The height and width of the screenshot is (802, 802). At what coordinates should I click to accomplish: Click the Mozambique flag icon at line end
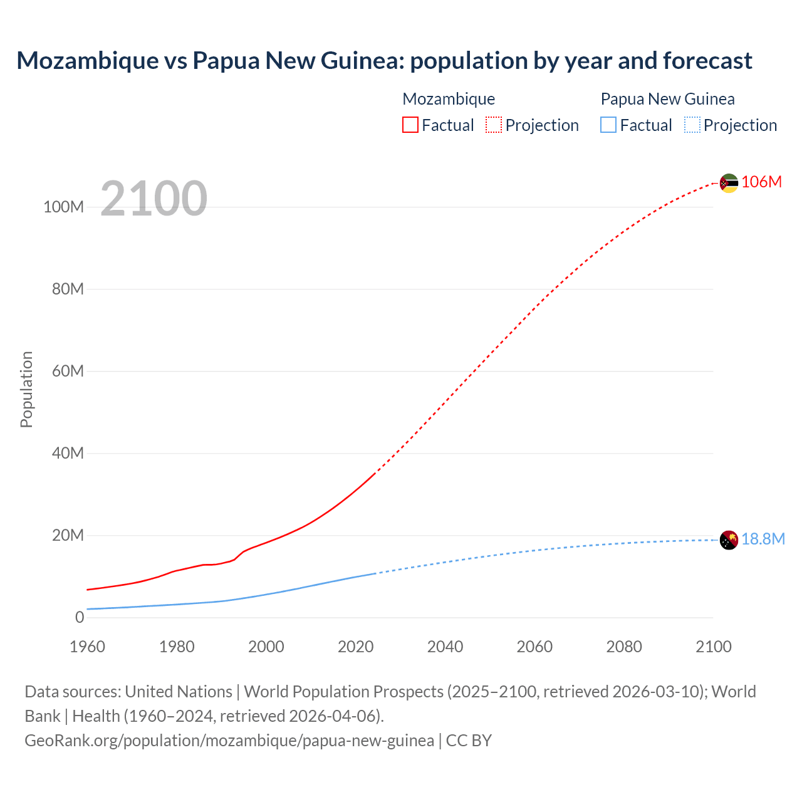(729, 183)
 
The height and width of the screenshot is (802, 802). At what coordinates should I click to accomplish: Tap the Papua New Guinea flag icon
(729, 539)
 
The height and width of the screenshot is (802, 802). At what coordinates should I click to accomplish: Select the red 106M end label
(761, 182)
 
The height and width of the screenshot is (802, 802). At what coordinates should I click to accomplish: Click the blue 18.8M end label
(763, 539)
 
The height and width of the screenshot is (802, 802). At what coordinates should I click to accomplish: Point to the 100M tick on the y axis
(63, 207)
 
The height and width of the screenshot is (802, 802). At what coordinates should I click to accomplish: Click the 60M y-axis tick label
(68, 371)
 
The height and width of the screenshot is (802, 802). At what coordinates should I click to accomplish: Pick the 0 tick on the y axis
(80, 617)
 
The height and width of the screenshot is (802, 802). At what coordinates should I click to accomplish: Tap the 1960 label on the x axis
(87, 647)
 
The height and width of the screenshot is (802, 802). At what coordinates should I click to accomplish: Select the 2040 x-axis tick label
(445, 647)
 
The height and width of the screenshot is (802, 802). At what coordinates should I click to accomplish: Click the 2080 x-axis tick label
(624, 647)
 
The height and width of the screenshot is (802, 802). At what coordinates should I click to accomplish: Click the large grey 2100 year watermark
(154, 199)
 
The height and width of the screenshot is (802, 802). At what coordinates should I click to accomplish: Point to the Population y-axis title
(26, 389)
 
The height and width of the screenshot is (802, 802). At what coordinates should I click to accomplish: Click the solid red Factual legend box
(410, 125)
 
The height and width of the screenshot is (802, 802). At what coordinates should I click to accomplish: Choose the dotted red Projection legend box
(494, 125)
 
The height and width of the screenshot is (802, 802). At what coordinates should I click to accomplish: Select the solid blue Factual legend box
(608, 125)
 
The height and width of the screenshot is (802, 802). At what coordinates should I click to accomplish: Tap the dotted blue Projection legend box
(692, 125)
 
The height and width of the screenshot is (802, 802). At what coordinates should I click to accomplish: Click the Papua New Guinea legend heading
(667, 99)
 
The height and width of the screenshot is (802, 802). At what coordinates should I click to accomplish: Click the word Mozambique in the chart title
(88, 60)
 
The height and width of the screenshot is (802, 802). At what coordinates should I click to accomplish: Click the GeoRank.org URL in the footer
(229, 741)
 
